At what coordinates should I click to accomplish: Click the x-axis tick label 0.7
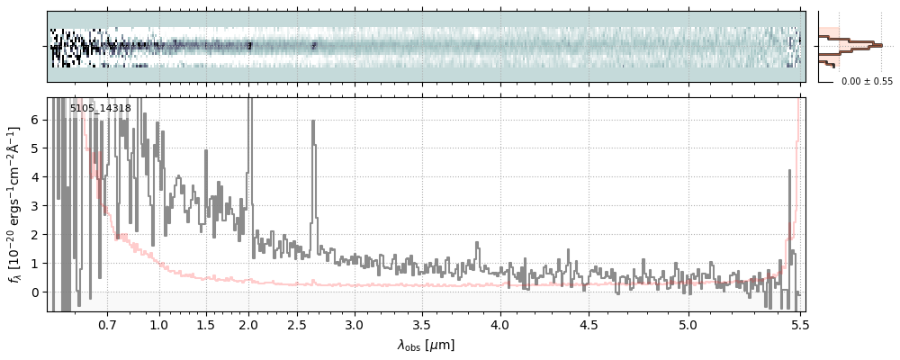point(107,324)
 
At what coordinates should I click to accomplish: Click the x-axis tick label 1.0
point(159,324)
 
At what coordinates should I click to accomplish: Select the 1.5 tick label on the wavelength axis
point(205,324)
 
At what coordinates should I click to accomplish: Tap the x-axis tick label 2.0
point(249,324)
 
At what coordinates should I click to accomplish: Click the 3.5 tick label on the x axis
point(422,324)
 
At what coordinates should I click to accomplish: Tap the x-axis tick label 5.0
point(688,324)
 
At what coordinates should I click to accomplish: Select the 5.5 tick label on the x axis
point(797,324)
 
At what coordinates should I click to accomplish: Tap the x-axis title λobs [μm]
point(426,345)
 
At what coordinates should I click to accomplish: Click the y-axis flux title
point(15,204)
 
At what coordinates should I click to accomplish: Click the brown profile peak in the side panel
point(877,44)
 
